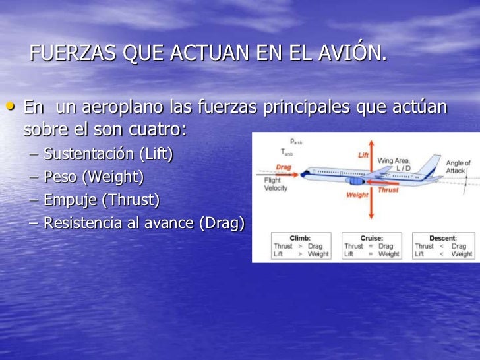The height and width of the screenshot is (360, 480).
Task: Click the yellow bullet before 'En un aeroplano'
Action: tap(11, 105)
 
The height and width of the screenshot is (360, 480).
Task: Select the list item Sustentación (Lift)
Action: tap(108, 154)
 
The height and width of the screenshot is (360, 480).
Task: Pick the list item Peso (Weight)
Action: tap(93, 177)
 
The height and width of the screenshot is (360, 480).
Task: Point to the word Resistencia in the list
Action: tap(83, 223)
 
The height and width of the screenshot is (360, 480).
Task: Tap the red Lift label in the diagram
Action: tap(363, 155)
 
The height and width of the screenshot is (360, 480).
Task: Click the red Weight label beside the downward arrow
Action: tap(357, 195)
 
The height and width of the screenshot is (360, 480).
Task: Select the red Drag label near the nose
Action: tap(283, 167)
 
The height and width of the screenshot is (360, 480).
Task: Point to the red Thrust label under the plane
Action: tap(388, 190)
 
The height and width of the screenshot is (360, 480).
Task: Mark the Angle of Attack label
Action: tap(458, 167)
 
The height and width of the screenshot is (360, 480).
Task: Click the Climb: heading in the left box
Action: tap(300, 237)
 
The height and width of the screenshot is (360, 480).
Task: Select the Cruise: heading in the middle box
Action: tap(371, 237)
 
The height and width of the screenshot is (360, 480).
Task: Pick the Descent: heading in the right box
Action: tap(443, 237)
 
